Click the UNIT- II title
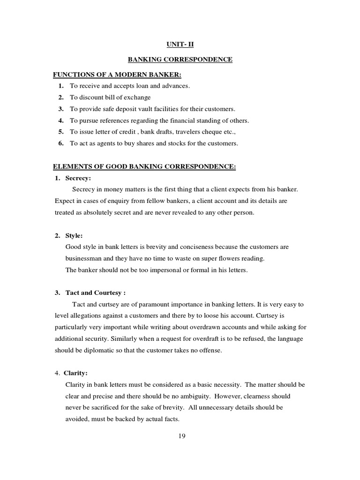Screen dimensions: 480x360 (x=180, y=45)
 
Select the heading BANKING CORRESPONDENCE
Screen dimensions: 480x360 (x=180, y=60)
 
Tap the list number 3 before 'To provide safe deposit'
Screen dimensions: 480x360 (x=61, y=109)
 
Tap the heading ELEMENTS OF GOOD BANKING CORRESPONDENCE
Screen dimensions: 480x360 (x=144, y=167)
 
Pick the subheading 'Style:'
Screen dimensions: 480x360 (x=74, y=236)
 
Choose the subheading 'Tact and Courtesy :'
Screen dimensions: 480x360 (x=96, y=293)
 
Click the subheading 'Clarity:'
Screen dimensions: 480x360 (x=76, y=373)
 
